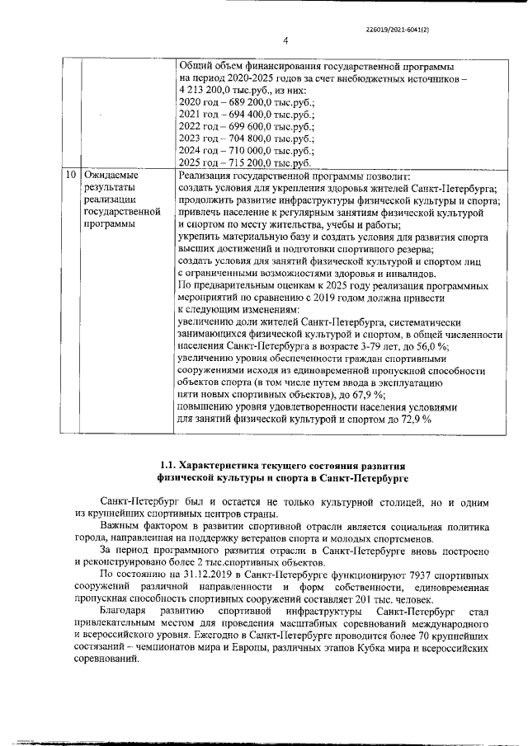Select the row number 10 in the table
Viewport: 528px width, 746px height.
pyautogui.click(x=71, y=176)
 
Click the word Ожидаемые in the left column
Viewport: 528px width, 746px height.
pyautogui.click(x=111, y=176)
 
